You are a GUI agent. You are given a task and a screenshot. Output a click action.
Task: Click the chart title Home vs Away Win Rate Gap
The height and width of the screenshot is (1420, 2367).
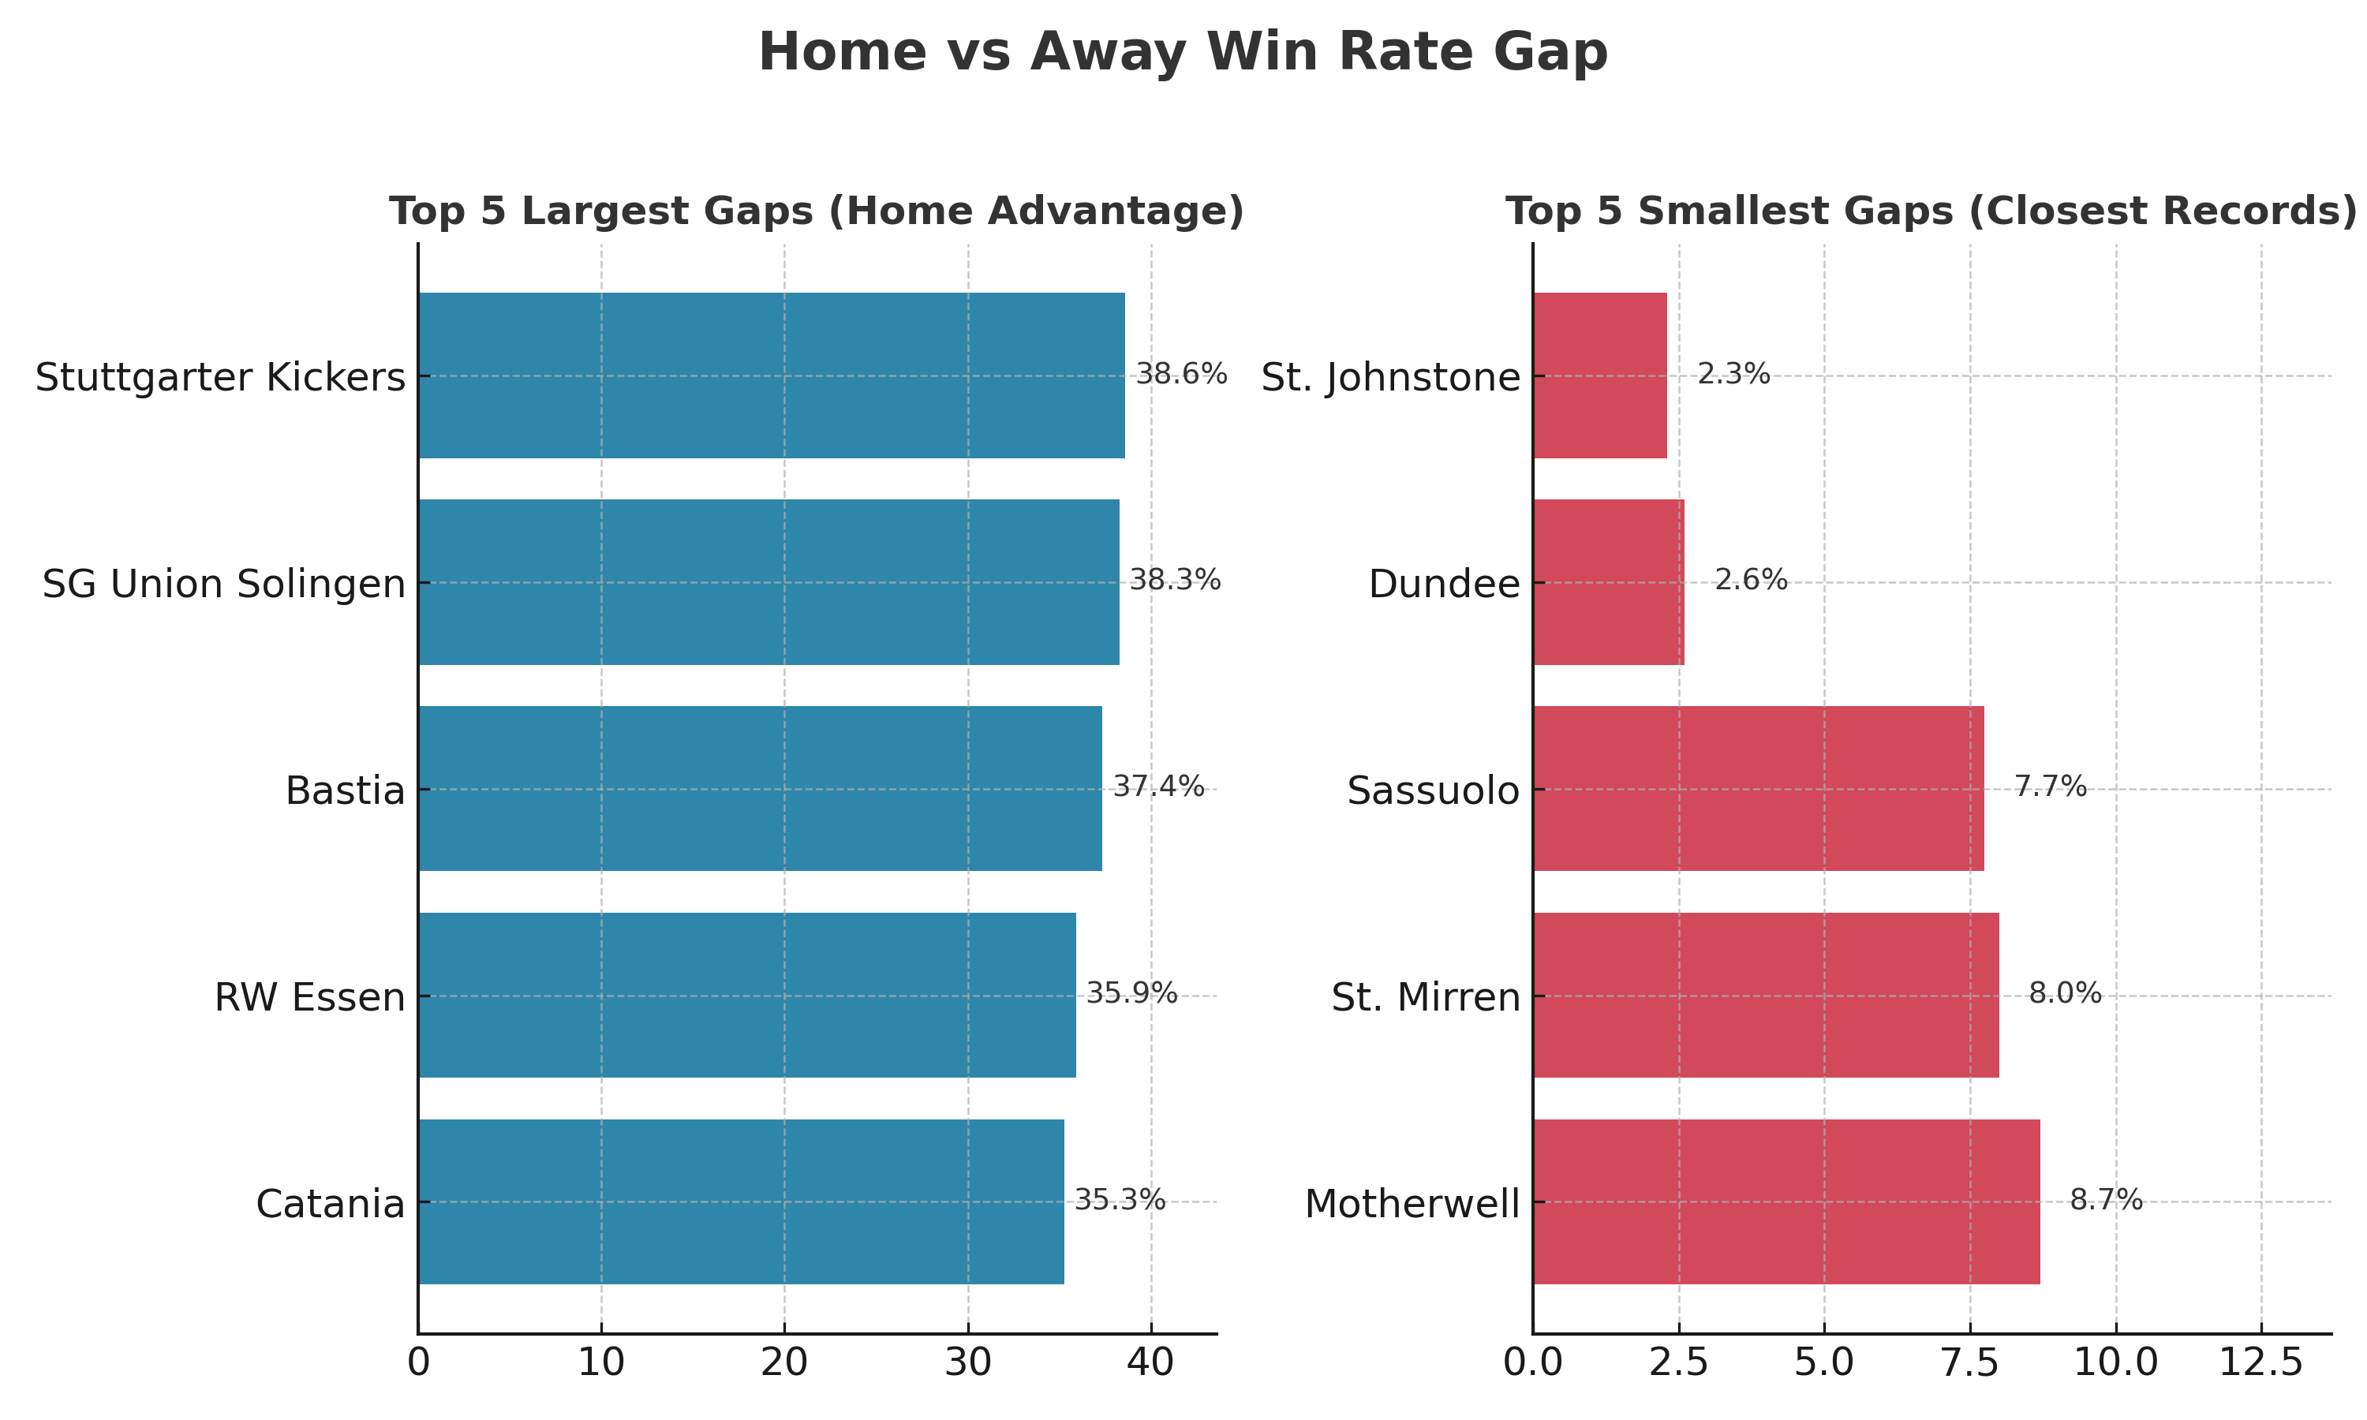[1183, 53]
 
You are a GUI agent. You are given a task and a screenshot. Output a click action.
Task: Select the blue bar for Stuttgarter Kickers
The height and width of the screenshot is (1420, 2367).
[771, 375]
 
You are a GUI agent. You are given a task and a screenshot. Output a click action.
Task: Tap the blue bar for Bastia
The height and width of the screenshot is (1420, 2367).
[761, 788]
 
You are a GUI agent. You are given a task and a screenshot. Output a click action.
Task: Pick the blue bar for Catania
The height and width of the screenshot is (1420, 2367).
[742, 1201]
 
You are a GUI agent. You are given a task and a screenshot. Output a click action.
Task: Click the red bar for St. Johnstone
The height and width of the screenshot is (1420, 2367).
[1599, 375]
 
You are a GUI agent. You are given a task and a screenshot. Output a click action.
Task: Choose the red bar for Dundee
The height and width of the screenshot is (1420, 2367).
[1608, 581]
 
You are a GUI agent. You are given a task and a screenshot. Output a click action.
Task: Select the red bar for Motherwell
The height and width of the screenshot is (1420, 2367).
[1786, 1201]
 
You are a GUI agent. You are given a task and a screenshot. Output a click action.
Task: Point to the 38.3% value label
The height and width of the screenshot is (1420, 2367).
[1175, 580]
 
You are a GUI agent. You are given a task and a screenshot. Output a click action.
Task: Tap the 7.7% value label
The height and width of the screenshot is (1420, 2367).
[2051, 787]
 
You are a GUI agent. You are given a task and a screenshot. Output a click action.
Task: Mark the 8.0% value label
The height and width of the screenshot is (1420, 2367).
[2066, 993]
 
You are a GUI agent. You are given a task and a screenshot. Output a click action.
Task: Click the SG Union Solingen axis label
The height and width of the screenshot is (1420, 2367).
[224, 584]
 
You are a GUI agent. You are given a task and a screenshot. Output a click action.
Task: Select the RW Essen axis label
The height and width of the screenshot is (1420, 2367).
[310, 997]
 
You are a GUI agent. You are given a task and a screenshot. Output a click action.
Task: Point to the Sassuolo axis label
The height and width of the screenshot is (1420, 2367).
[1433, 790]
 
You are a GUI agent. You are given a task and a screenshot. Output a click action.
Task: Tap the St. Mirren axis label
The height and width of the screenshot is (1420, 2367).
[1426, 997]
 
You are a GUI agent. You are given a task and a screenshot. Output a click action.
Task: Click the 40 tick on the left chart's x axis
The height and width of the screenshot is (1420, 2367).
[1151, 1362]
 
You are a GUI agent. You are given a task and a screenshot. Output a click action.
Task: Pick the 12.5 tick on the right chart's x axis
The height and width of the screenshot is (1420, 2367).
[2260, 1362]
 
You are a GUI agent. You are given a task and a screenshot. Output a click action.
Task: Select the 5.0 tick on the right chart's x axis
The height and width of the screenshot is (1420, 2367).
[1824, 1362]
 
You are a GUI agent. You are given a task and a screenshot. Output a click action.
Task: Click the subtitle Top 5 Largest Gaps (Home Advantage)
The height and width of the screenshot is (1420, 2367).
[816, 211]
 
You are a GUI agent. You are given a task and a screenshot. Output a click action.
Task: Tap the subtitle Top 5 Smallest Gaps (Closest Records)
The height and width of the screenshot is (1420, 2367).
[1931, 211]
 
